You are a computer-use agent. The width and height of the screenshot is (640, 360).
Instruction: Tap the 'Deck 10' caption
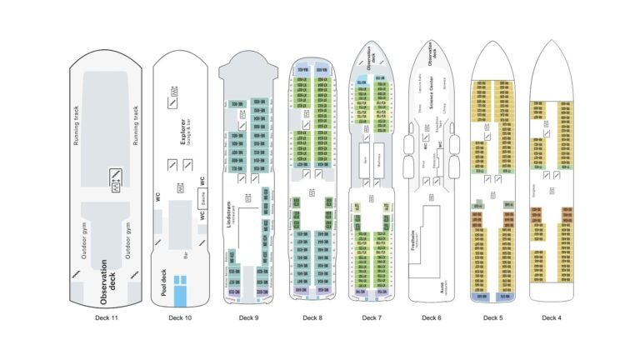179,317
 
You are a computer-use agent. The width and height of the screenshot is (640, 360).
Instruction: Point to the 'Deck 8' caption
311,317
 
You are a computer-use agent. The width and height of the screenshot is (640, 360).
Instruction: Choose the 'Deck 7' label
372,317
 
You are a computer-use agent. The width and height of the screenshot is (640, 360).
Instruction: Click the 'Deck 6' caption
431,317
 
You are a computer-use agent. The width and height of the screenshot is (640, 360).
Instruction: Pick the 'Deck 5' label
492,317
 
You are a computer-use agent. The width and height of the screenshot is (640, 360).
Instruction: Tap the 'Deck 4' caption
552,317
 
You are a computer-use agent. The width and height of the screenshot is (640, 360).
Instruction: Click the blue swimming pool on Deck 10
181,286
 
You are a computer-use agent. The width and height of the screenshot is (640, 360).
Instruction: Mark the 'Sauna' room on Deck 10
202,198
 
